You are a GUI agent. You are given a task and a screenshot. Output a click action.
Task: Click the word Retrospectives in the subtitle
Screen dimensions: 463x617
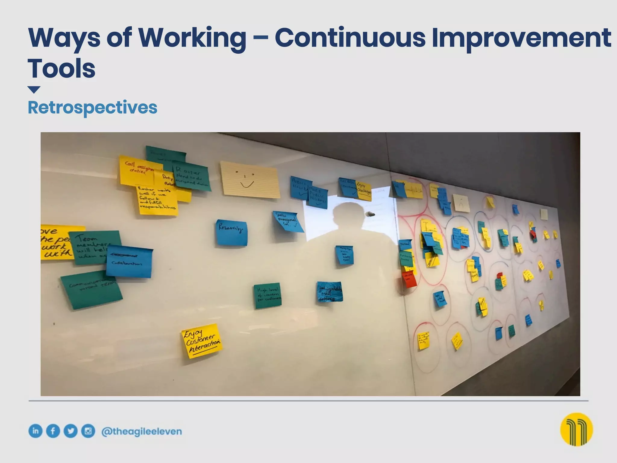pyautogui.click(x=92, y=107)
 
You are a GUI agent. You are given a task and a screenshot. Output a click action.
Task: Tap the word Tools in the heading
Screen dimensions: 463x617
pyautogui.click(x=61, y=68)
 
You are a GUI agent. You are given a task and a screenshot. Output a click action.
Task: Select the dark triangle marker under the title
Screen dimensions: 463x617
pyautogui.click(x=34, y=90)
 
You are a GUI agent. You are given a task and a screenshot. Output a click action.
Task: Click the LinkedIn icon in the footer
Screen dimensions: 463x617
pyautogui.click(x=35, y=431)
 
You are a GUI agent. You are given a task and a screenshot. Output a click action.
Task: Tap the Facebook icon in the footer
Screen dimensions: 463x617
pyautogui.click(x=53, y=431)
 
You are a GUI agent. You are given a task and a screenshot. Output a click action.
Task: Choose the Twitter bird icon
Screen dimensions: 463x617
pyautogui.click(x=70, y=431)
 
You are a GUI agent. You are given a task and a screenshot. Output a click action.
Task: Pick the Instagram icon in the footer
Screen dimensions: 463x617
pyautogui.click(x=88, y=431)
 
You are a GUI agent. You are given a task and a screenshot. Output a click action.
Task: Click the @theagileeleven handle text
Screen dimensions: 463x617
pyautogui.click(x=142, y=431)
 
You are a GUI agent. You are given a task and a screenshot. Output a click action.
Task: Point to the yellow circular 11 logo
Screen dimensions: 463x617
pyautogui.click(x=576, y=429)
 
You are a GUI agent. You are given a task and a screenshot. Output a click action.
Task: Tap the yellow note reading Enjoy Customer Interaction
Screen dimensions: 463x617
pyautogui.click(x=202, y=341)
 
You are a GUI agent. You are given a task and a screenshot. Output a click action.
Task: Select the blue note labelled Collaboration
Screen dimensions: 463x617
pyautogui.click(x=129, y=261)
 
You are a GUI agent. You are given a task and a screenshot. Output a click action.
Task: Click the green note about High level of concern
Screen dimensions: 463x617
pyautogui.click(x=268, y=295)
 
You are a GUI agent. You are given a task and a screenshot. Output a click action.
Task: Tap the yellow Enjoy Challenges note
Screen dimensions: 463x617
pyautogui.click(x=364, y=191)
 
